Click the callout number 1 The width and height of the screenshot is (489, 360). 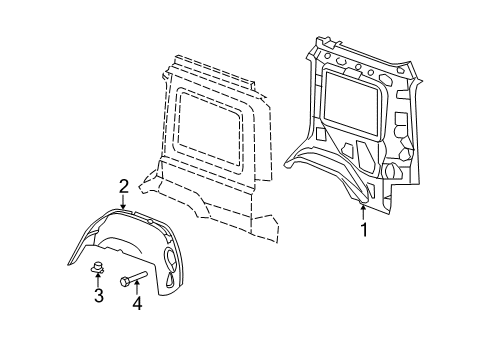coord(364,230)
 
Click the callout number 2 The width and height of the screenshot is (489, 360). coord(123,185)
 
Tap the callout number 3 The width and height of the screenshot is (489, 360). coord(98,296)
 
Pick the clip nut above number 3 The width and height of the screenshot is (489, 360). coord(98,267)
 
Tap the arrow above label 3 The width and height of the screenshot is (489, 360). coord(98,280)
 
